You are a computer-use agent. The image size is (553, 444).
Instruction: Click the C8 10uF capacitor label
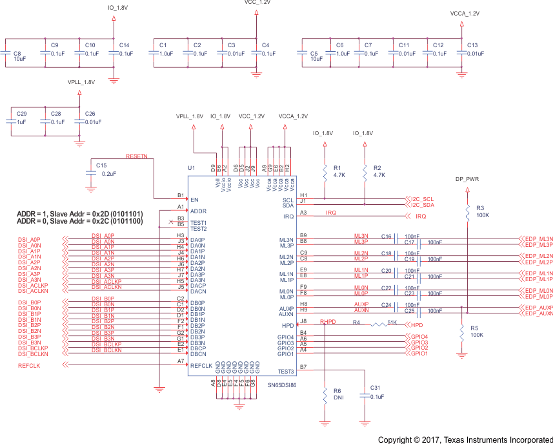[x=17, y=56]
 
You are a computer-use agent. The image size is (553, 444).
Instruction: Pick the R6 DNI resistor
[x=324, y=395]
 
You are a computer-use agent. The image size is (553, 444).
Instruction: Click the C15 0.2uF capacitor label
[x=105, y=169]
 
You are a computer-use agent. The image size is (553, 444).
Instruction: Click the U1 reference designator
[x=191, y=168]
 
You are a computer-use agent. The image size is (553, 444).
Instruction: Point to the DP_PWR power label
[x=467, y=179]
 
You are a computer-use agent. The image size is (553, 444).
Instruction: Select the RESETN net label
[x=136, y=156]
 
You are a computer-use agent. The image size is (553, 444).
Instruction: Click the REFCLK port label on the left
[x=30, y=366]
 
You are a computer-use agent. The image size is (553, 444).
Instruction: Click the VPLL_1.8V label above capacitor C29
[x=81, y=83]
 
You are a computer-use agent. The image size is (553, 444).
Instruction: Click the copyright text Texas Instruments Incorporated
[x=465, y=439]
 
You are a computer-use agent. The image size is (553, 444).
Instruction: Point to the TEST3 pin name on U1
[x=286, y=371]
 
